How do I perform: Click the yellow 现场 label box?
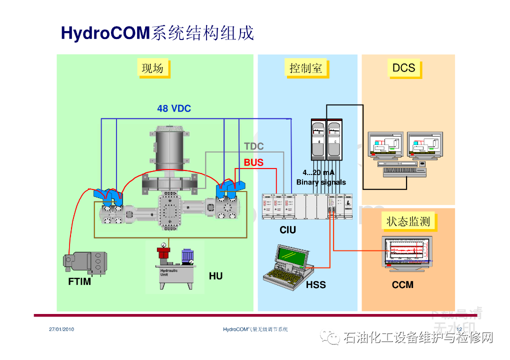[152, 68]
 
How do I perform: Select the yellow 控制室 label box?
[306, 68]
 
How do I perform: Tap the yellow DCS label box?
[403, 68]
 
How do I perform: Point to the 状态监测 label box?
[408, 221]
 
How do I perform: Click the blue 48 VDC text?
[174, 108]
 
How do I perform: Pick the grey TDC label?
[253, 146]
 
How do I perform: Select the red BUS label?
[253, 162]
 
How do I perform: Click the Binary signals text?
[321, 182]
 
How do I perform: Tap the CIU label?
[287, 230]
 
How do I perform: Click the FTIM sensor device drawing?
[85, 263]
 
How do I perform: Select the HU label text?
[215, 276]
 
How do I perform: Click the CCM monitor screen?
[405, 250]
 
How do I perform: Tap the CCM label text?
[402, 285]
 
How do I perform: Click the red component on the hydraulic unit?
[163, 252]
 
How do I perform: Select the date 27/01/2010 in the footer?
[61, 329]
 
